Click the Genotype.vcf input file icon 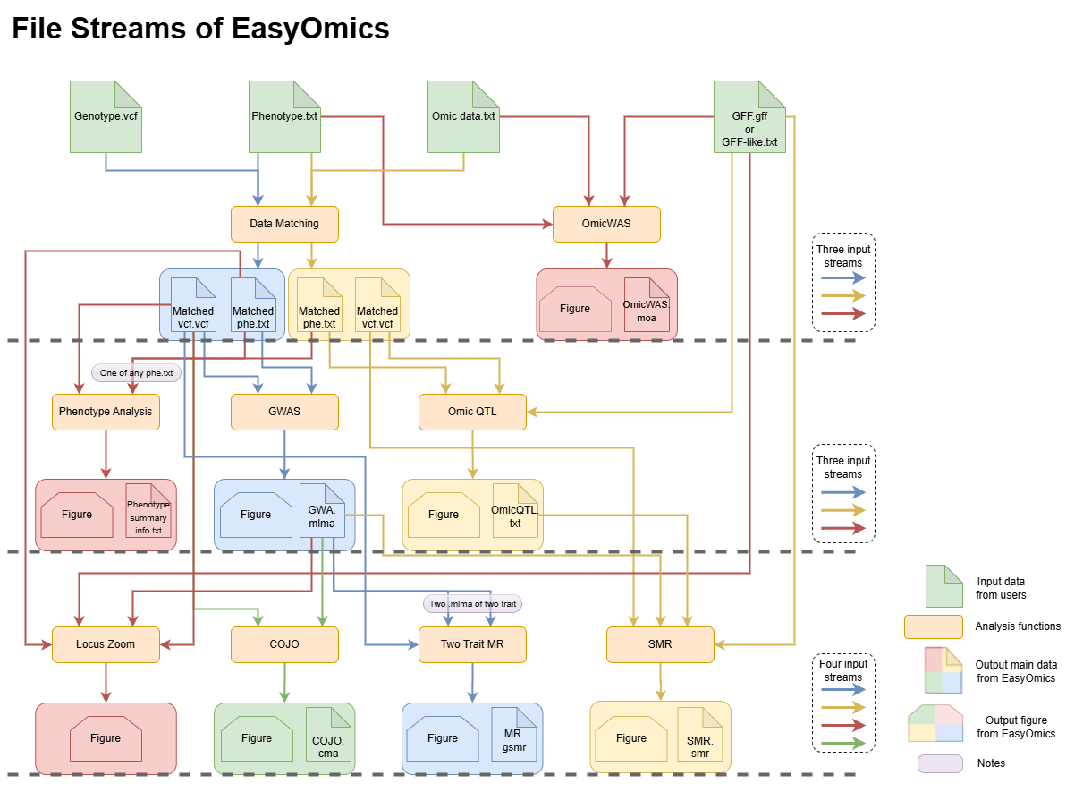[x=106, y=117]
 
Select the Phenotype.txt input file [x=284, y=117]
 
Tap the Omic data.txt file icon [x=463, y=117]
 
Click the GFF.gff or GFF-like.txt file [x=749, y=117]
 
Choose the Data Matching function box [x=284, y=224]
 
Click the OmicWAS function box [x=606, y=224]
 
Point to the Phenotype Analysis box [x=106, y=412]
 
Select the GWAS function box [x=284, y=412]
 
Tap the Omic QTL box [x=472, y=412]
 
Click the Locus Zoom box [x=106, y=644]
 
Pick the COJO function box [x=284, y=644]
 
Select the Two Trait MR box [x=472, y=644]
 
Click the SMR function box [x=660, y=644]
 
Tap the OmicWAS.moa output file [x=647, y=305]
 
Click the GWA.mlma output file [x=322, y=511]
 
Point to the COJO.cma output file [x=328, y=735]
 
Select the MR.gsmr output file [x=514, y=735]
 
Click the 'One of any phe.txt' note [x=136, y=373]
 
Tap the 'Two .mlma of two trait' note [x=472, y=604]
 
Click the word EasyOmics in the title [x=310, y=29]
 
